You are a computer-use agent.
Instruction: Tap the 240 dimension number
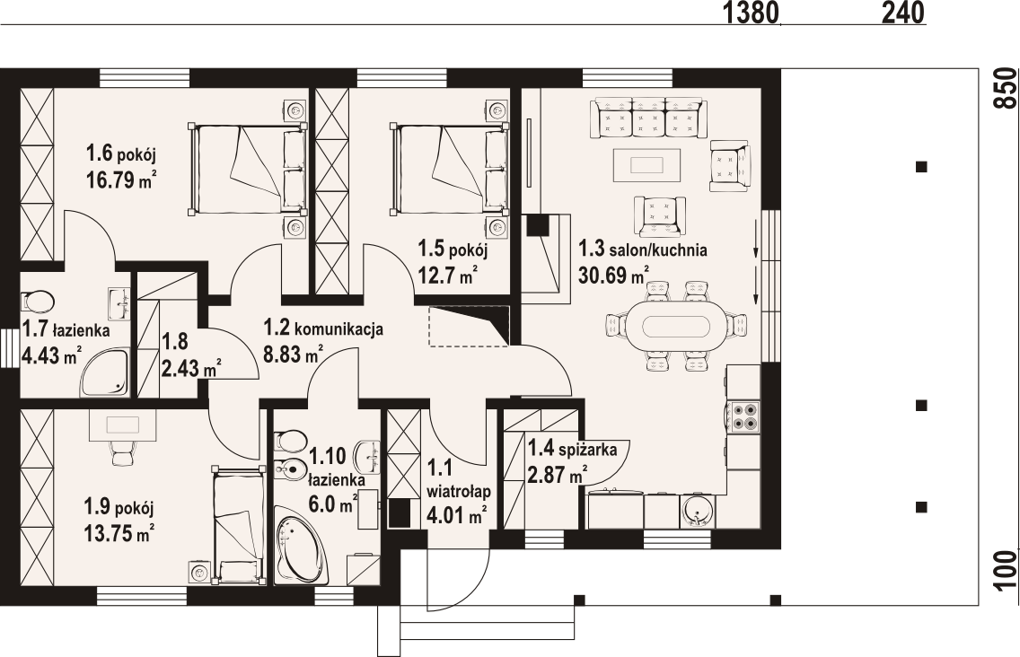(x=903, y=12)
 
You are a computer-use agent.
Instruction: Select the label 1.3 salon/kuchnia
(x=643, y=250)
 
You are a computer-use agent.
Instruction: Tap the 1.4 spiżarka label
(x=572, y=449)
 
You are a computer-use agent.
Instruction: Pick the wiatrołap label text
(x=459, y=491)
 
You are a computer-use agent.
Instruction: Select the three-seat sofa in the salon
(x=648, y=118)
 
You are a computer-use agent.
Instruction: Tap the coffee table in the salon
(x=646, y=164)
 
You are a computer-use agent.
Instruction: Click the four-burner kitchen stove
(x=743, y=417)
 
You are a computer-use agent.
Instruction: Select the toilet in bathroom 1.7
(x=37, y=302)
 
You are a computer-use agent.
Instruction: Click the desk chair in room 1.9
(x=122, y=452)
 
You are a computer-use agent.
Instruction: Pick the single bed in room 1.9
(x=237, y=523)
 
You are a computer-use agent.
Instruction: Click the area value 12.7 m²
(x=447, y=276)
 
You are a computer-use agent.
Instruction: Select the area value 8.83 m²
(x=294, y=355)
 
